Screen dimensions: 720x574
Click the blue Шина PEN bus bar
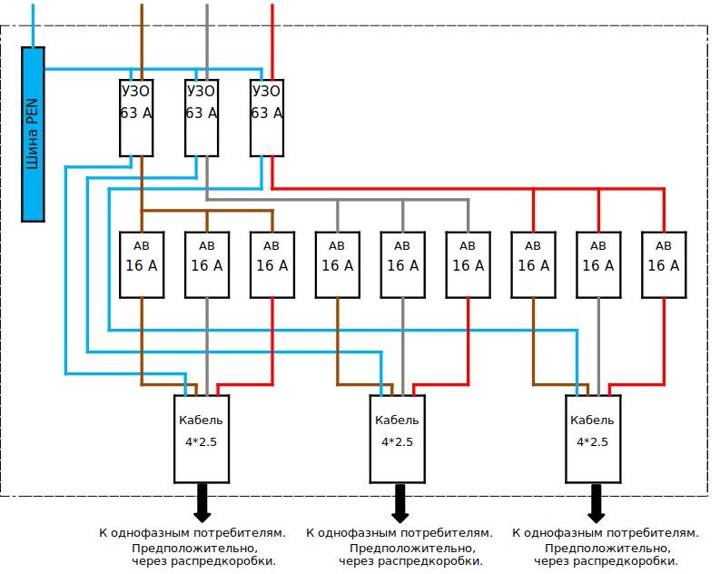coord(33,134)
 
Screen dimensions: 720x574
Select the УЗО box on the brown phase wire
coord(136,118)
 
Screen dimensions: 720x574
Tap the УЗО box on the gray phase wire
coord(202,118)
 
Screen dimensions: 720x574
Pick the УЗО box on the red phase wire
coord(267,118)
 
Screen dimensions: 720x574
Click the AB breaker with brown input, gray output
coord(207,265)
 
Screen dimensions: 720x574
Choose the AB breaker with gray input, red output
coord(468,265)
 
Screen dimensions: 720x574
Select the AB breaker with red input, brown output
coord(533,265)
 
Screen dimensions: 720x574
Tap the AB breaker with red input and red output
coord(664,265)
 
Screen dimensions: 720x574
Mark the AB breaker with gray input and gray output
coord(403,265)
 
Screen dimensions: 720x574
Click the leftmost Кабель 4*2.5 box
coord(202,439)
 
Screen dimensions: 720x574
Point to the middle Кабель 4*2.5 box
coord(397,439)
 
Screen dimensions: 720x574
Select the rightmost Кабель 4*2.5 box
coord(593,439)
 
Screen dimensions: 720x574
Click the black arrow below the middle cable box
coord(399,503)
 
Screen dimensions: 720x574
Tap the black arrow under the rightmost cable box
coord(596,503)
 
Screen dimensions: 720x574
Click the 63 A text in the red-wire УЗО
coord(267,113)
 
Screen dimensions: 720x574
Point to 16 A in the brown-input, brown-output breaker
coord(142,265)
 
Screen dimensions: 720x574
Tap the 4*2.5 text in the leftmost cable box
coord(202,441)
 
